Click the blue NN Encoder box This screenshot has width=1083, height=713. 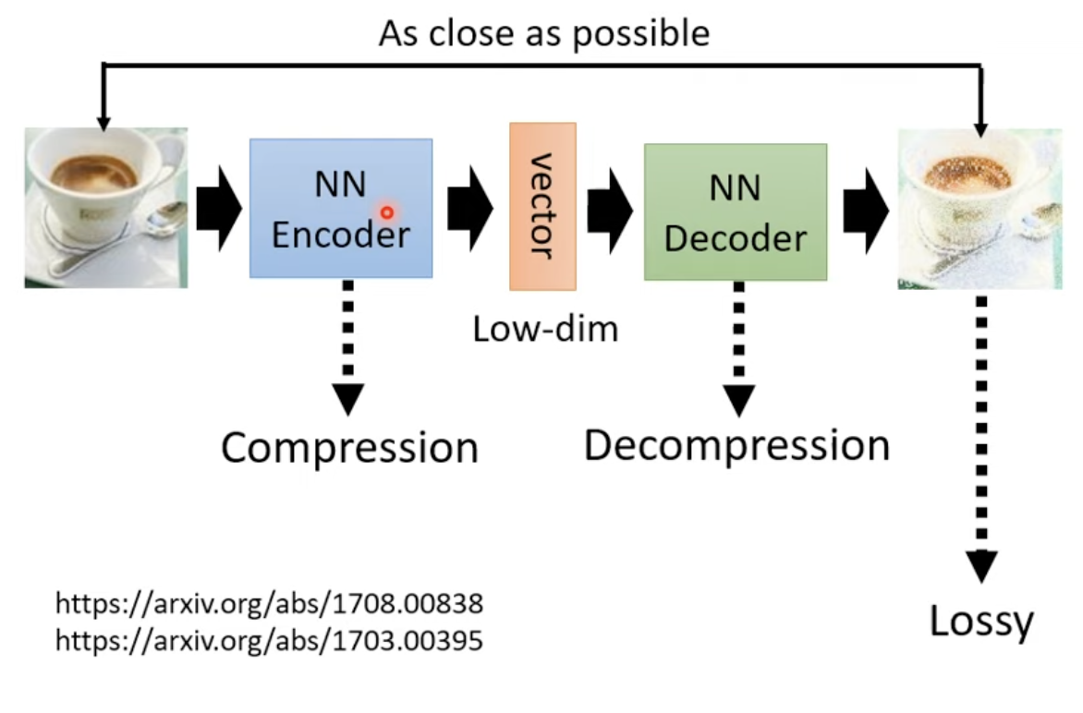(x=341, y=209)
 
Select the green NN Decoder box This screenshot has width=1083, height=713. (x=736, y=211)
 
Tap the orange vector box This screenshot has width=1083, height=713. (x=542, y=206)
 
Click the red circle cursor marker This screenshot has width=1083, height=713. (x=387, y=212)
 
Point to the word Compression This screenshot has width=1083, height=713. (x=349, y=448)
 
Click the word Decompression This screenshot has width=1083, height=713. (x=737, y=446)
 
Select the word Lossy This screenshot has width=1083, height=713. (x=981, y=622)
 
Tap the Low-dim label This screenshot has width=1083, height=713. (x=545, y=329)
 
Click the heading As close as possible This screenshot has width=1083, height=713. (x=544, y=33)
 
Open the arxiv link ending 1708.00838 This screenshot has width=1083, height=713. (x=270, y=603)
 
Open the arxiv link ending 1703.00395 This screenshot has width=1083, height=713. (x=270, y=641)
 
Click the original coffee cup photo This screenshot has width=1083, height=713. (x=106, y=208)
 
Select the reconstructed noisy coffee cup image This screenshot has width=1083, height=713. (x=980, y=209)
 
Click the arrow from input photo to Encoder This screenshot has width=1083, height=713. (x=219, y=208)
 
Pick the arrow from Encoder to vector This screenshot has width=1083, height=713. (x=470, y=208)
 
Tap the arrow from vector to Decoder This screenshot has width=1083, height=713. (x=610, y=211)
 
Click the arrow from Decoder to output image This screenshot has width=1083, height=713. (x=866, y=211)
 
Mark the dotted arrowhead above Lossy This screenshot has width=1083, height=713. (x=981, y=567)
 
